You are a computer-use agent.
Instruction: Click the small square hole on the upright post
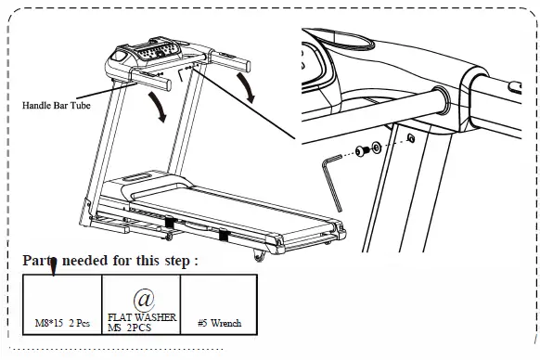pyautogui.click(x=409, y=139)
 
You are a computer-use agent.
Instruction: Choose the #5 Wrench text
pyautogui.click(x=220, y=323)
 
